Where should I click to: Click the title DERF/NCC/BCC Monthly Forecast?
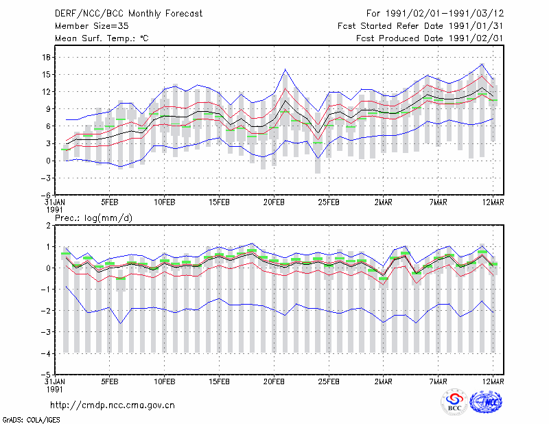128,14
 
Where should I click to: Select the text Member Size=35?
92,26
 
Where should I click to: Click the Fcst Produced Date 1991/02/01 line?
430,38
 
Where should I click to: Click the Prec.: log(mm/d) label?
93,218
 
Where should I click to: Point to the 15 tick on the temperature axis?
46,75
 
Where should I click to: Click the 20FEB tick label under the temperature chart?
274,202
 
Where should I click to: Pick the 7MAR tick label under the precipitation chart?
438,381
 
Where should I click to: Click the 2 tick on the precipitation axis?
48,226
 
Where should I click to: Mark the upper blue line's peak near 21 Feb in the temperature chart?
285,69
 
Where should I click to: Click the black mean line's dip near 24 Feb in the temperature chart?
318,133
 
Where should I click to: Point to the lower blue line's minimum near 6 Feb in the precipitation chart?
121,323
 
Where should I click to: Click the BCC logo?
454,402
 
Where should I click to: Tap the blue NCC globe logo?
486,402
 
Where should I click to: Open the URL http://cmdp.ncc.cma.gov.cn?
113,405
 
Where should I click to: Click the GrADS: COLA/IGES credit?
31,420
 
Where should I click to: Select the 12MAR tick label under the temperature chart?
493,202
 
